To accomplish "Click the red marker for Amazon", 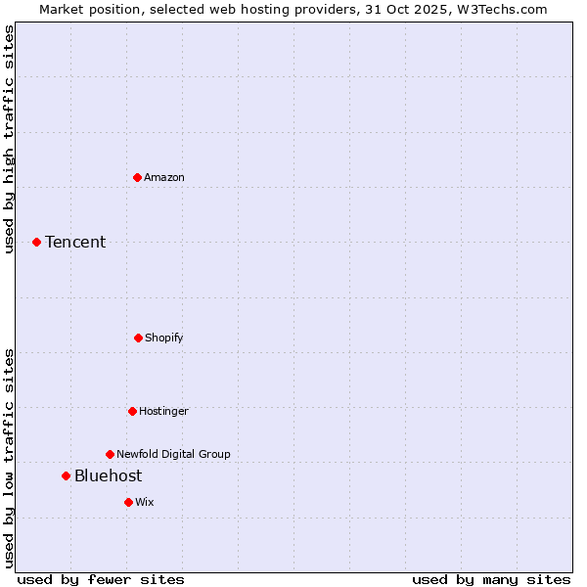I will [x=137, y=177].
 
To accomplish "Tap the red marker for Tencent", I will [x=36, y=242].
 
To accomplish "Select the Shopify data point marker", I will [x=138, y=338].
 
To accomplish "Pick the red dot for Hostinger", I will [x=132, y=411].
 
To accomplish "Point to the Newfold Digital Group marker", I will [x=110, y=454].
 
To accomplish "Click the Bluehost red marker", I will [x=66, y=475].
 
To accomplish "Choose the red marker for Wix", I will [x=128, y=502].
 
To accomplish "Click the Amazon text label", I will [x=164, y=177].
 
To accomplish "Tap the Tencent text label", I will [x=75, y=242].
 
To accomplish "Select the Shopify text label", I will [x=164, y=338].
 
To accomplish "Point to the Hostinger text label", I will [x=163, y=411].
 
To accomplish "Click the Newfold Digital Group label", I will [x=173, y=454].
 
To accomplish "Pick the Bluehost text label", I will [x=108, y=475].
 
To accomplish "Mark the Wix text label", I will [x=145, y=502].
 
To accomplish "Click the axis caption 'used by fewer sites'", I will [x=101, y=579].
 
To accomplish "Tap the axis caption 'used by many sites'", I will [x=491, y=579].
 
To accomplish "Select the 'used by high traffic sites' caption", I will [x=9, y=139].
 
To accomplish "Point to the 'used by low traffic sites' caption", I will [x=9, y=457].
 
